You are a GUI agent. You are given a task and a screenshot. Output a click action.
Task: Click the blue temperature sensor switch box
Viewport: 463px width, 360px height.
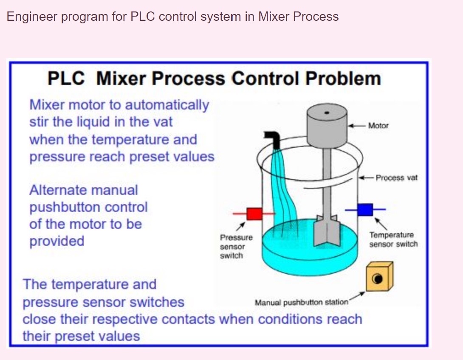click(364, 209)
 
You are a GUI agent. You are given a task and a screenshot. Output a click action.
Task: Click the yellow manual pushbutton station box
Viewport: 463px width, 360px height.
click(379, 277)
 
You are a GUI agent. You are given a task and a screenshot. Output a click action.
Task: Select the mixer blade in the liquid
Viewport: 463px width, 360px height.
click(326, 231)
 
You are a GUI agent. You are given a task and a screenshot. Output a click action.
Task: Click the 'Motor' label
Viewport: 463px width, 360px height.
click(378, 126)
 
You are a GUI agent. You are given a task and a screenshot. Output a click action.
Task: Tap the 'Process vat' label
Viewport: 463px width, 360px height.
click(396, 178)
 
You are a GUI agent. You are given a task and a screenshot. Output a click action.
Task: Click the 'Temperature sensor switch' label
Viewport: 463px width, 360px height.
click(393, 239)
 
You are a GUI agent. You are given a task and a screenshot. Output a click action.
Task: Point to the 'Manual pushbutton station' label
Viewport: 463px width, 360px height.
click(301, 302)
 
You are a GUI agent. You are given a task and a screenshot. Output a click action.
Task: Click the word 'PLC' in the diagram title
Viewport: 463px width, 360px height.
click(66, 79)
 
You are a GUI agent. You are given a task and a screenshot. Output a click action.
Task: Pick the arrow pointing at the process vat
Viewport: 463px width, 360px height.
click(367, 177)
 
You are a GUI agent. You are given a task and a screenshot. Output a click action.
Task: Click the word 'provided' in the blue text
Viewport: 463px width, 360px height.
click(56, 241)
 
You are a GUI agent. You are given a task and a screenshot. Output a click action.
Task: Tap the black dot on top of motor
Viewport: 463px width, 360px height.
click(327, 113)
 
